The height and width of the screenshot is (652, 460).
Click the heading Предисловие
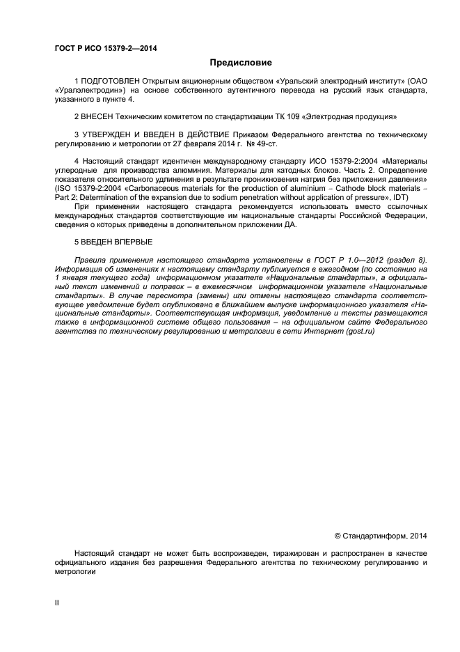(x=231, y=63)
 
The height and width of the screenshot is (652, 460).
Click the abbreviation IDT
(x=399, y=197)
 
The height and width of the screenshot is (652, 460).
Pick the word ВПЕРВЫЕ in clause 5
(x=136, y=242)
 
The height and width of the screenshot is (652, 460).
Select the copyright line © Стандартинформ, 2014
(x=380, y=536)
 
